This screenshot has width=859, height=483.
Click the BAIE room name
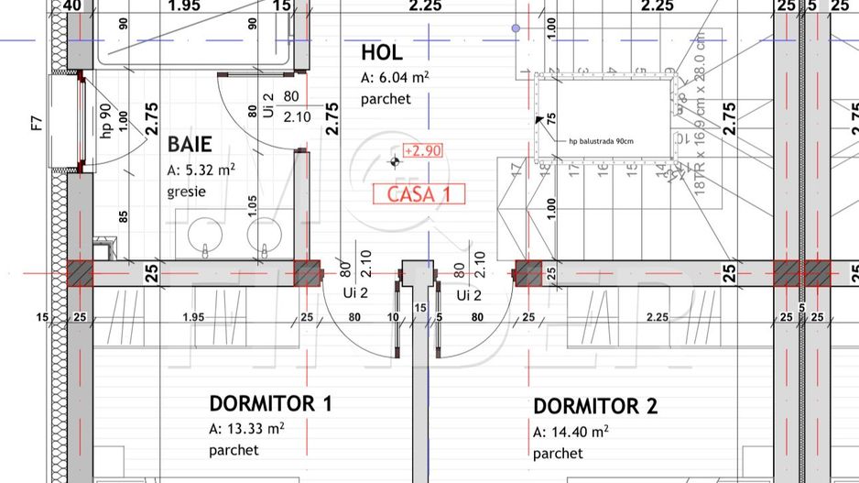click(x=190, y=144)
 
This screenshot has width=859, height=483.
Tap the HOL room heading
click(x=381, y=52)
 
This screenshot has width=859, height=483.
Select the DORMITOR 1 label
click(x=270, y=403)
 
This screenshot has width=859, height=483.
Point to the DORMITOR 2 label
click(x=595, y=406)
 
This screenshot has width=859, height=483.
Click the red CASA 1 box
click(x=419, y=193)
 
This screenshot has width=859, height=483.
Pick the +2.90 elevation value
click(x=423, y=150)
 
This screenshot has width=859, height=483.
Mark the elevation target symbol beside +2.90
click(x=395, y=162)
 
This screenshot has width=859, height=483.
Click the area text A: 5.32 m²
click(x=201, y=170)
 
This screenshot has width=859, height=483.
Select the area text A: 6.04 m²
click(x=396, y=77)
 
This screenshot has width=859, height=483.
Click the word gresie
click(x=186, y=192)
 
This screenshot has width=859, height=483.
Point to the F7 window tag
click(x=37, y=123)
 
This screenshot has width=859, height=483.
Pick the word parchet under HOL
click(x=386, y=99)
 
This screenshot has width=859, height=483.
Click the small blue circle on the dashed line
click(x=516, y=29)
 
